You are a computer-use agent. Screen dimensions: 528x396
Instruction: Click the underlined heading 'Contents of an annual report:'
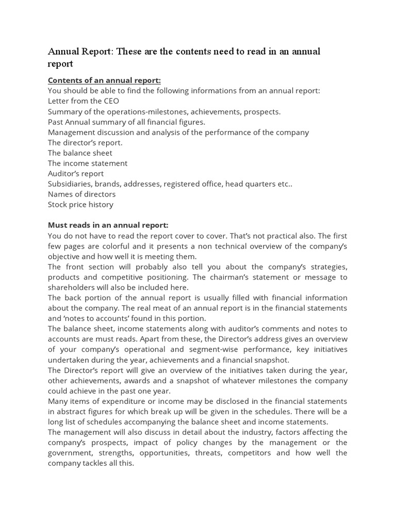click(x=104, y=80)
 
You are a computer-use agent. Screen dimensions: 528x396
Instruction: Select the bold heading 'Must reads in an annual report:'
click(x=108, y=225)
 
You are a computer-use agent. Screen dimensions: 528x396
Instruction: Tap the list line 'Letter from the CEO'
click(x=84, y=101)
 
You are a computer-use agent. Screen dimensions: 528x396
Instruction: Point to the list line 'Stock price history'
click(x=80, y=204)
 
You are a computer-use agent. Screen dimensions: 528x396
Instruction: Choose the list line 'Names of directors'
click(x=81, y=194)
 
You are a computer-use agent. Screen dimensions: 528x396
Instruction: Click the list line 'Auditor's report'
click(x=76, y=173)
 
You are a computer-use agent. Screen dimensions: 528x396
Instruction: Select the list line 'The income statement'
click(x=88, y=163)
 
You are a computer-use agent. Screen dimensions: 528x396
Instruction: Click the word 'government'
click(x=70, y=453)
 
